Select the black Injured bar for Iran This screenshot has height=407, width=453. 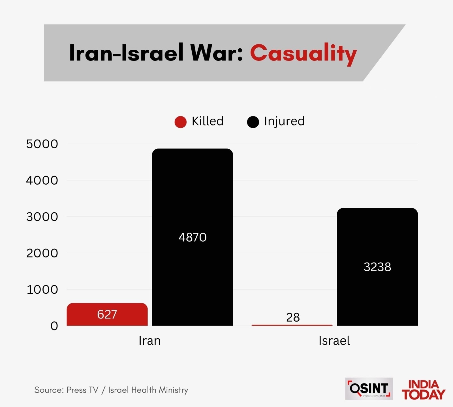pos(193,198)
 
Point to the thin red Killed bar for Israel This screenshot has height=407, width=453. pos(292,325)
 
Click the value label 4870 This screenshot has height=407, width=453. pos(193,237)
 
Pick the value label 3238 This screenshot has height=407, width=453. pos(377,267)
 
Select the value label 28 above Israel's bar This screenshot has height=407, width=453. pos(293,317)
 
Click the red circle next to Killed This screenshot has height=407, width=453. pos(181,122)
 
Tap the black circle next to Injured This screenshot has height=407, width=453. pos(253,122)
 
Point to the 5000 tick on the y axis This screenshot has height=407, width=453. pos(42,144)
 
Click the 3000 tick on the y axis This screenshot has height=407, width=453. pos(42,217)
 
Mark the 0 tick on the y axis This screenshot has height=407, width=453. pos(54,326)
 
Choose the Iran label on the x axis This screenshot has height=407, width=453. pos(149,341)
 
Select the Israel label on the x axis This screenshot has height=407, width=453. pos(334,341)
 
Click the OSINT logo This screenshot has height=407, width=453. pos(369,389)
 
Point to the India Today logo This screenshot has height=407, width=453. pos(423,390)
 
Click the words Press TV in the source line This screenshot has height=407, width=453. pos(82,390)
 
